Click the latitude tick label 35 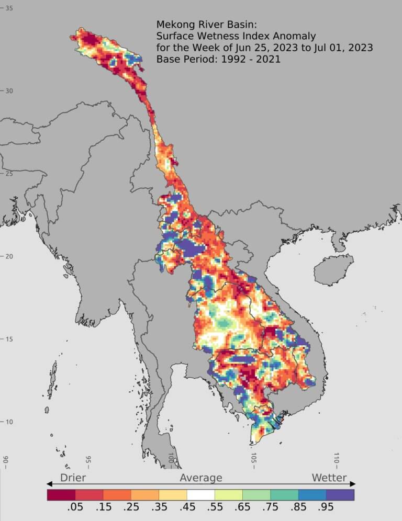(x=9, y=8)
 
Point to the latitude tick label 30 (x=9, y=91)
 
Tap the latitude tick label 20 (x=9, y=256)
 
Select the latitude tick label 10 (x=9, y=422)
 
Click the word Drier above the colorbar (x=73, y=478)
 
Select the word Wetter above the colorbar (x=329, y=478)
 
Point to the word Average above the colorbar (x=201, y=478)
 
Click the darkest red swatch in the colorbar (x=61, y=494)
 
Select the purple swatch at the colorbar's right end (x=340, y=494)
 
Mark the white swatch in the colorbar (x=200, y=494)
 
